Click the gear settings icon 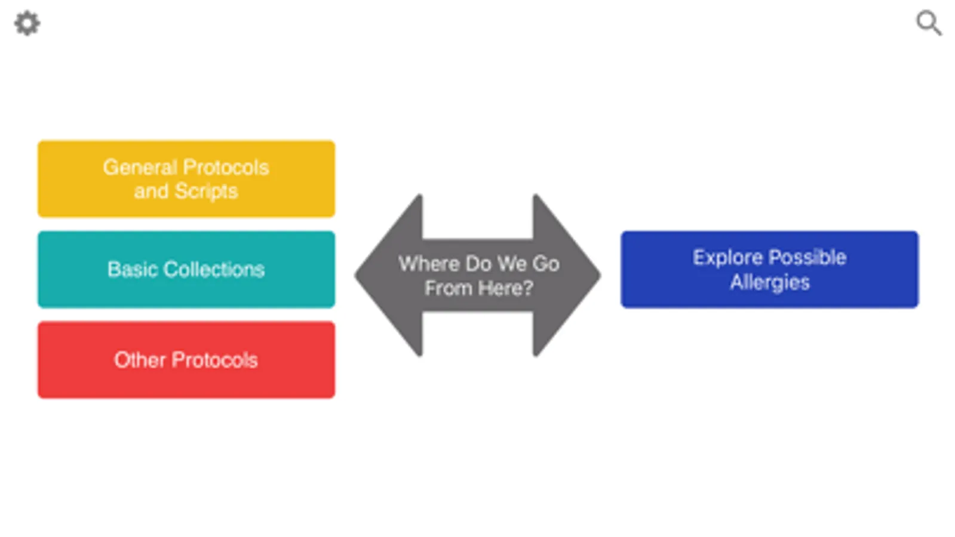27,24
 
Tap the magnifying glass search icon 929,23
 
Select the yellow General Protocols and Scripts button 186,179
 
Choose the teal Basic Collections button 186,270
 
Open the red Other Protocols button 186,360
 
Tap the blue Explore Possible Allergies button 769,270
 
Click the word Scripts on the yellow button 206,192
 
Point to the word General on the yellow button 140,167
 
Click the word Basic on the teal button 133,270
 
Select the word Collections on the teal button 214,270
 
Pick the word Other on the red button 140,360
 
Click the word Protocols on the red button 214,360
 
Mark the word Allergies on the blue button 769,282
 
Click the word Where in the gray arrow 429,264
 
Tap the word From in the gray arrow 448,288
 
